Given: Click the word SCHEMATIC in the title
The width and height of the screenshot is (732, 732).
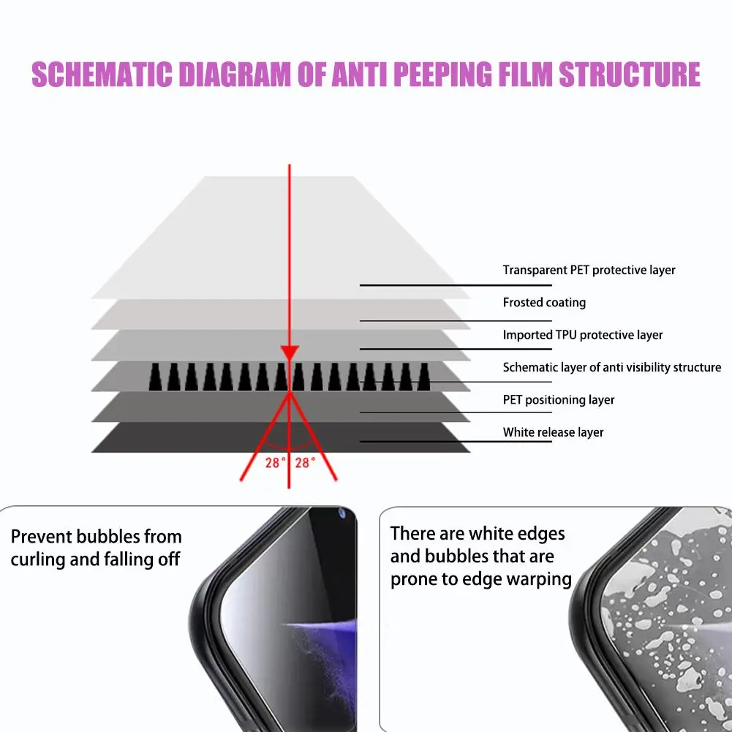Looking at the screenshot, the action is (102, 75).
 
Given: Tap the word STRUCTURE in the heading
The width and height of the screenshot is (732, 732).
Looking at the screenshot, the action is (630, 75).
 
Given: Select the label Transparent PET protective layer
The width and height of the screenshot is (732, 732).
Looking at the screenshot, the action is (589, 271).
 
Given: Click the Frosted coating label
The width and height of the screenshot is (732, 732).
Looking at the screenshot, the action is (544, 303).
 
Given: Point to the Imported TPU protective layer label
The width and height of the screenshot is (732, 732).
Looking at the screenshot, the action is (583, 335).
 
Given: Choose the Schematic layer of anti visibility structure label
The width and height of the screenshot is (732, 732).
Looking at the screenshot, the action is (611, 367).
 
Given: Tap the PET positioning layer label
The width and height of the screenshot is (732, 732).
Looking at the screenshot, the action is (559, 400).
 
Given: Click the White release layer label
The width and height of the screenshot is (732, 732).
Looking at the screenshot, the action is (553, 432).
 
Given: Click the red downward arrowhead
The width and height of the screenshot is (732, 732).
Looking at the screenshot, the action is (290, 353).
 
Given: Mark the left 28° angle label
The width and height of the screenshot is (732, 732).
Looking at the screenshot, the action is (276, 463).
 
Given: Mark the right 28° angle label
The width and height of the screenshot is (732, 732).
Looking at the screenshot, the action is (306, 463).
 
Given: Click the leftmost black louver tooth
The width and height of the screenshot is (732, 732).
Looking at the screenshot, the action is (156, 377).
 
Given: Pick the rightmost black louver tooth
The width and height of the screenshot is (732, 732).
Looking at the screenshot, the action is (424, 377).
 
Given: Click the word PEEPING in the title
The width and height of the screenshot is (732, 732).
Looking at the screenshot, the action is (442, 75).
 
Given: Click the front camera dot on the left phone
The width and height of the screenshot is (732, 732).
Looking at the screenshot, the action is (342, 514).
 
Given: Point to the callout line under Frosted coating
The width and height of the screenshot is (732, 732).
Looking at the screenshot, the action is (456, 321).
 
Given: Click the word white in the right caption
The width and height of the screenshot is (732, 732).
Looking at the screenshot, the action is (493, 533).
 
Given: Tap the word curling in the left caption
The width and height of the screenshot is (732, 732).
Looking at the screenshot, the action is (38, 559).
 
